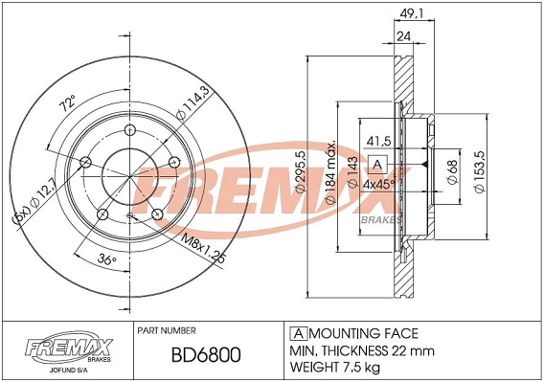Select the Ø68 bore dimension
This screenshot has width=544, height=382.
click(452, 172)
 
